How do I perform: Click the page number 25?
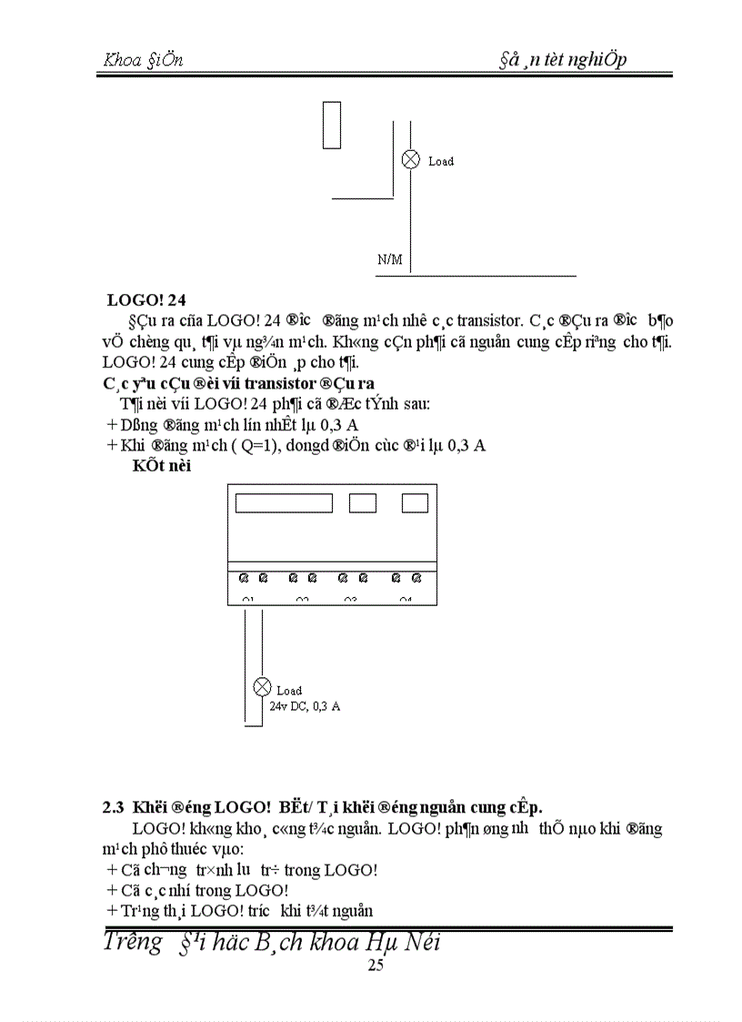click(376, 966)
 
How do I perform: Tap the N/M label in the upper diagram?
click(389, 259)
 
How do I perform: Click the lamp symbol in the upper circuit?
click(411, 160)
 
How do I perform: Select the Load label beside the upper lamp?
click(441, 161)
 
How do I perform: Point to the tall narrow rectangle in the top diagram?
click(332, 125)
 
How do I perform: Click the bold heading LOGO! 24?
click(146, 299)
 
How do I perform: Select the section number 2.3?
click(113, 806)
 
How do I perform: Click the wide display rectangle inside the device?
click(284, 502)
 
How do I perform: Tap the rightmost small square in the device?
click(415, 502)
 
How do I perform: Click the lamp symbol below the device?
click(263, 687)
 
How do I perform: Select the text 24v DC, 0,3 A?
click(305, 705)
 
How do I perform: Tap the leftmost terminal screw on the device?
click(245, 578)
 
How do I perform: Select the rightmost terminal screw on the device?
click(416, 578)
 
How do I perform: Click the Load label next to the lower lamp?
click(289, 691)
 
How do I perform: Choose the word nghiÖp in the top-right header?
click(597, 60)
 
